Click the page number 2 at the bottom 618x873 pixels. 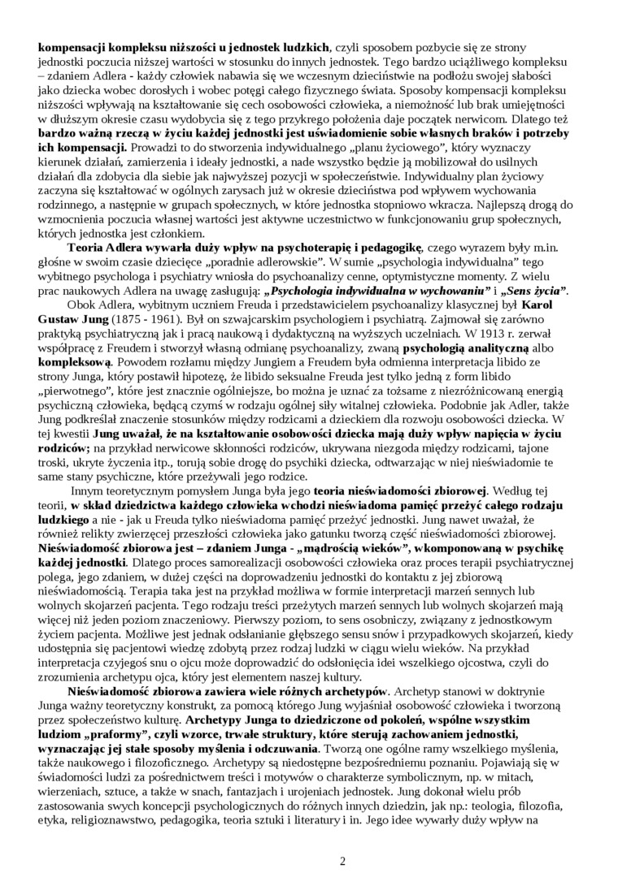pyautogui.click(x=342, y=861)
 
